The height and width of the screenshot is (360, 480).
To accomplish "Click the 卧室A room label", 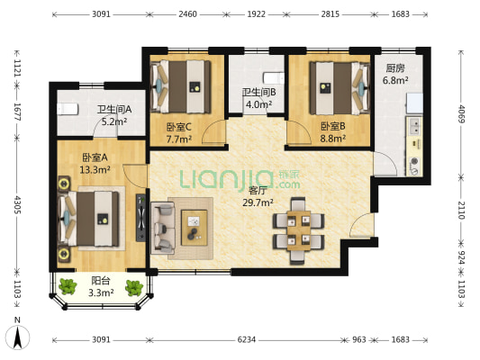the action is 95,157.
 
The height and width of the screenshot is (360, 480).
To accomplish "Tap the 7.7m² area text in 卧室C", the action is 179,139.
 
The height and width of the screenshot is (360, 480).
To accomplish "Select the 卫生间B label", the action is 259,92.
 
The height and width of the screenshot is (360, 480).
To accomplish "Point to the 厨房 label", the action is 395,68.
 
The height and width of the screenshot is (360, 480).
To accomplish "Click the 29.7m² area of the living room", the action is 258,202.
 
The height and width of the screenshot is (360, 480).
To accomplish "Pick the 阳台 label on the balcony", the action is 101,281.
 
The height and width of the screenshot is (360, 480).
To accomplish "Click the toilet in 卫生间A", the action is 68,109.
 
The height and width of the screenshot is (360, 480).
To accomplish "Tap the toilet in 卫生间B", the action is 274,78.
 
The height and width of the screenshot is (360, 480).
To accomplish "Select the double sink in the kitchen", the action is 415,127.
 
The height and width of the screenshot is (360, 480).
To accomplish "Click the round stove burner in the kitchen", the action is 414,161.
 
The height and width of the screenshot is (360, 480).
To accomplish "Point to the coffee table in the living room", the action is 195,228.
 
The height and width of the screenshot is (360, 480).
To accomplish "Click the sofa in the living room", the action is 162,228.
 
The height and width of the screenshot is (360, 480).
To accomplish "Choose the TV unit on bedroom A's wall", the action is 141,218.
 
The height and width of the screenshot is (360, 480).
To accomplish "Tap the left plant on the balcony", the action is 68,286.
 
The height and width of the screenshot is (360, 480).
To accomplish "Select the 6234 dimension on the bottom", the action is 247,339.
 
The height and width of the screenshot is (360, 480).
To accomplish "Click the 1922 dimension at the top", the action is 257,14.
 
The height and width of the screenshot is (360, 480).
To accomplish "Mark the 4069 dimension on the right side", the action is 462,113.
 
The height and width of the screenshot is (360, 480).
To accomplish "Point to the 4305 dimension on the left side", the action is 17,204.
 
